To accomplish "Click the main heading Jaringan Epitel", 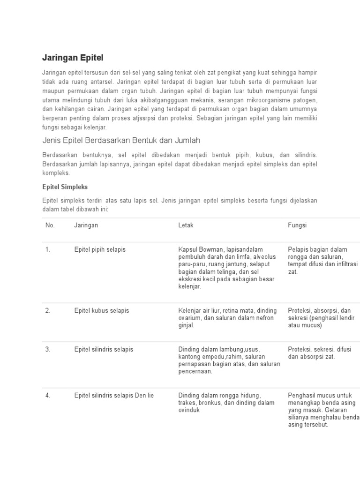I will [x=73, y=58].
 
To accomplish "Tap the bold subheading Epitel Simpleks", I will [x=65, y=187].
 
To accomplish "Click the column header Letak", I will [x=186, y=225].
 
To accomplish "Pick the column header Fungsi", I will [x=297, y=225].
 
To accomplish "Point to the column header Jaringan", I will [x=86, y=225].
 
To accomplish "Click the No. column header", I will [x=50, y=225].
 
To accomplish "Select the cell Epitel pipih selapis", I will [x=100, y=249].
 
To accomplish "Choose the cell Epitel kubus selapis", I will [x=101, y=311].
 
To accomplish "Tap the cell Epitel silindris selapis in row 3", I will [x=104, y=349].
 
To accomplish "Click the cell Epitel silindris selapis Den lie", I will [x=114, y=396].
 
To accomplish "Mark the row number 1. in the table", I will [x=48, y=249].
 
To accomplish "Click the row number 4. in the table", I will [x=48, y=396].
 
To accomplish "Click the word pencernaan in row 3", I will [x=195, y=372].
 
